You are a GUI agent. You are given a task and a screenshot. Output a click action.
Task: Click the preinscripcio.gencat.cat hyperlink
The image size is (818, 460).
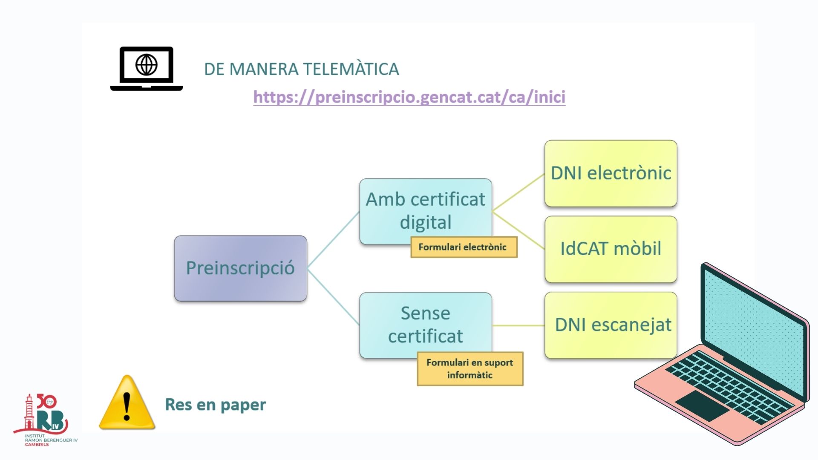click(409, 97)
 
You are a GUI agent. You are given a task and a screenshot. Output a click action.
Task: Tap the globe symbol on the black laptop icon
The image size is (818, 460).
click(147, 65)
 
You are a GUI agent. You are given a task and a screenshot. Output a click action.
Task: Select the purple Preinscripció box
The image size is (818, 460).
click(240, 268)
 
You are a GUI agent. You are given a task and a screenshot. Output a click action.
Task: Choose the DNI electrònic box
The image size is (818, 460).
click(611, 173)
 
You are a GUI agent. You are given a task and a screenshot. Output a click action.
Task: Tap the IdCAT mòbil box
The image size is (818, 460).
click(611, 249)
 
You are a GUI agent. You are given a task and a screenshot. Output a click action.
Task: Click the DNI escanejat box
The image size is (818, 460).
click(611, 325)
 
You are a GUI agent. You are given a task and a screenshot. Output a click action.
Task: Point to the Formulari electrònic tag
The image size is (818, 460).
click(464, 247)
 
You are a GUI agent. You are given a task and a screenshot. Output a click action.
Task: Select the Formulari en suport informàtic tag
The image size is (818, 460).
click(469, 369)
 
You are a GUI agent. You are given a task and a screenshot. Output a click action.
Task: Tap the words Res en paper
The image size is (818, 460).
click(215, 405)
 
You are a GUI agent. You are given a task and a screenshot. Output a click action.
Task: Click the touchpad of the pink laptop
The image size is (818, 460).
click(702, 405)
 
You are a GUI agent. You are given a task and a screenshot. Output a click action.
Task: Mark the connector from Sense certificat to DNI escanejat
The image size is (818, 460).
click(518, 325)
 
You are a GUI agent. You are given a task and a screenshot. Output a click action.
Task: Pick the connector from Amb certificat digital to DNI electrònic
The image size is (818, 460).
click(518, 193)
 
